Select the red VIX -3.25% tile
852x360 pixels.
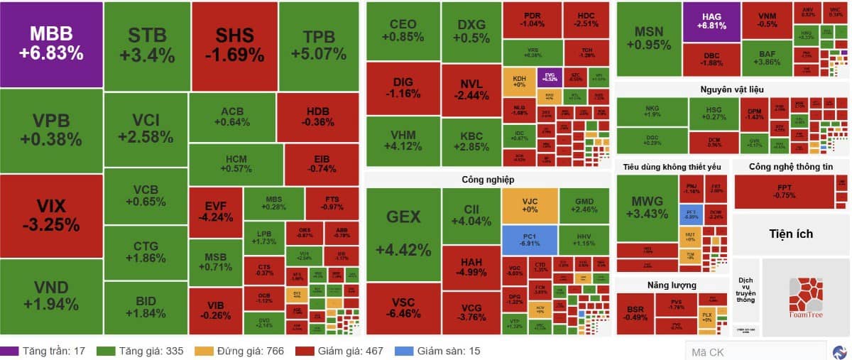[x=51, y=216]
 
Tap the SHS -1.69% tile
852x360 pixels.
[x=234, y=45]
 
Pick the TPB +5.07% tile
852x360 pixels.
[x=319, y=45]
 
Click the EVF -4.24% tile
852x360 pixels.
[x=215, y=212]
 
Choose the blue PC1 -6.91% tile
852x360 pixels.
[x=530, y=241]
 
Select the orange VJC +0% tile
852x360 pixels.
[x=530, y=206]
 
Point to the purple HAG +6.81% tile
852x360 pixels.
[x=711, y=21]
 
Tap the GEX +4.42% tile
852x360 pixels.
[x=403, y=234]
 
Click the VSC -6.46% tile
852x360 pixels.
[x=403, y=308]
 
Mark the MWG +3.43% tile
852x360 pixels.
[x=647, y=207]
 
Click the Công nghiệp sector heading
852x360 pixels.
[x=487, y=180]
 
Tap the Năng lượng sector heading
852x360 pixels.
[x=671, y=285]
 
